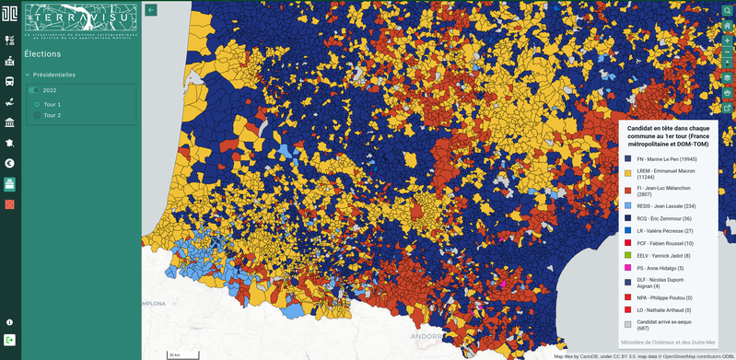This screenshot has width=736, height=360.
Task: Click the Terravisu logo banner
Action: click(x=81, y=22)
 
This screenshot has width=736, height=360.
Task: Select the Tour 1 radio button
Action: click(x=38, y=104)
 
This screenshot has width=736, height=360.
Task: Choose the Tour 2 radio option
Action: click(x=38, y=115)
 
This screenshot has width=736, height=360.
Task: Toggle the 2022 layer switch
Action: click(x=34, y=90)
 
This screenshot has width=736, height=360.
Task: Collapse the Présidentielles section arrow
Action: click(x=28, y=75)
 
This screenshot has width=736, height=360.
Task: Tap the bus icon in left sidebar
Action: click(x=9, y=81)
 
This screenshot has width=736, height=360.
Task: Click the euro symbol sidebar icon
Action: click(x=9, y=163)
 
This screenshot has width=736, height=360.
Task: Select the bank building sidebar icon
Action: click(x=9, y=122)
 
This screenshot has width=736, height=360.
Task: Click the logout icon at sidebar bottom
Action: click(x=9, y=341)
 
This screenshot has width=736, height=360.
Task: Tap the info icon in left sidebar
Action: click(x=9, y=322)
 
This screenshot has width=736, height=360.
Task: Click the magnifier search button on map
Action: click(x=727, y=10)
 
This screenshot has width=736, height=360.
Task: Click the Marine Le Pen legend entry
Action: click(x=673, y=158)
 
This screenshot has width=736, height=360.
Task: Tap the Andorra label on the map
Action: click(x=425, y=337)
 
